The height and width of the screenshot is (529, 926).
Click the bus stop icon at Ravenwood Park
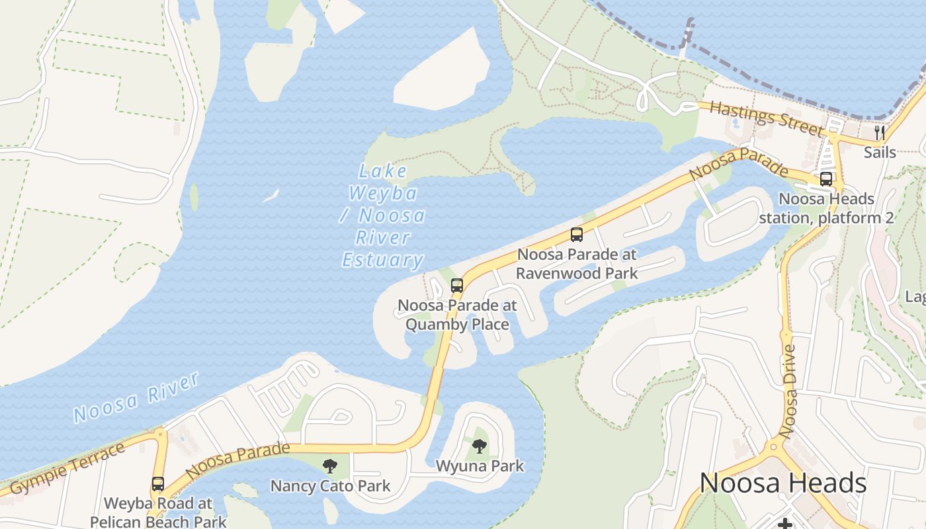577,234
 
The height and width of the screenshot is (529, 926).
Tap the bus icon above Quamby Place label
457,286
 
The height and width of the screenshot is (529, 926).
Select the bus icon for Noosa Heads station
825,179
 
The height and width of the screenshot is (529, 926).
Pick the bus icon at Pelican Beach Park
157,483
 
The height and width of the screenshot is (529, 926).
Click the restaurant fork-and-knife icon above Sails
880,132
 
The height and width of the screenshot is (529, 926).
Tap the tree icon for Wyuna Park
480,446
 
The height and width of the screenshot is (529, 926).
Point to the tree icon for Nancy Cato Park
329,466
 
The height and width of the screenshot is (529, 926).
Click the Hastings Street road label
766,118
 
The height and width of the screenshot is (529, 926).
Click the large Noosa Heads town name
783,483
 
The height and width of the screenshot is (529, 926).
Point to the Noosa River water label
136,397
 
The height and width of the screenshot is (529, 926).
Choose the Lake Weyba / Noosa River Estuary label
384,216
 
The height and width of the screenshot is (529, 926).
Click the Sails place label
880,153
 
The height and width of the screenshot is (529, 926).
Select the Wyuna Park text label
480,466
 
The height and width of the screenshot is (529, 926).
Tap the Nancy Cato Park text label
330,486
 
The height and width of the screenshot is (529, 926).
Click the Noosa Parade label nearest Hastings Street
738,163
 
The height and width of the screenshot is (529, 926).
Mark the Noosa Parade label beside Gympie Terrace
238,460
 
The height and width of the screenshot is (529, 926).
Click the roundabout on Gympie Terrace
159,436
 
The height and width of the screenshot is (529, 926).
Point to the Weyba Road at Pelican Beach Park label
158,512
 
